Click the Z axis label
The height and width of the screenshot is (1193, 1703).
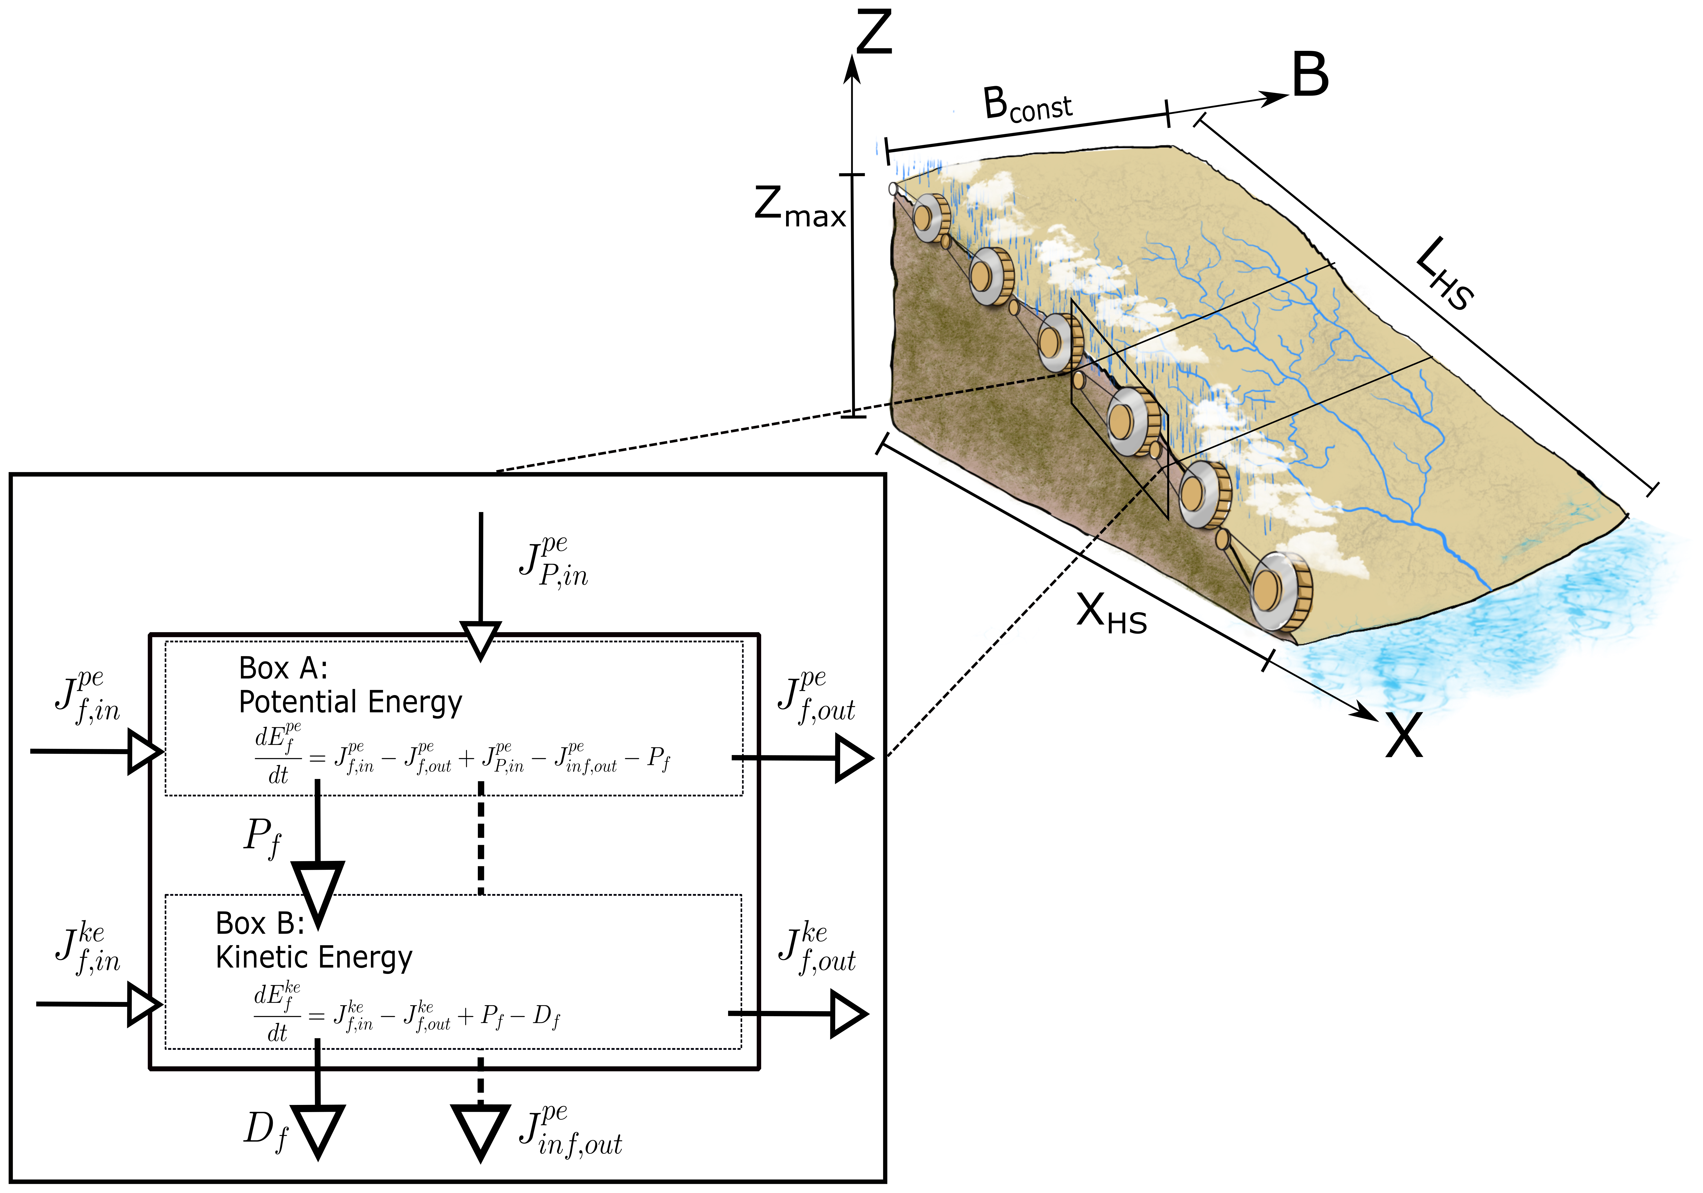874,33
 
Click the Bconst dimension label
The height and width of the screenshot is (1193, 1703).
1027,105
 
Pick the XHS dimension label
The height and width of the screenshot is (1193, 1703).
1110,615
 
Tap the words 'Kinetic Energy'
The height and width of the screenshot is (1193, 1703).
314,957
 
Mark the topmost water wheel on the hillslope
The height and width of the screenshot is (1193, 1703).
930,218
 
